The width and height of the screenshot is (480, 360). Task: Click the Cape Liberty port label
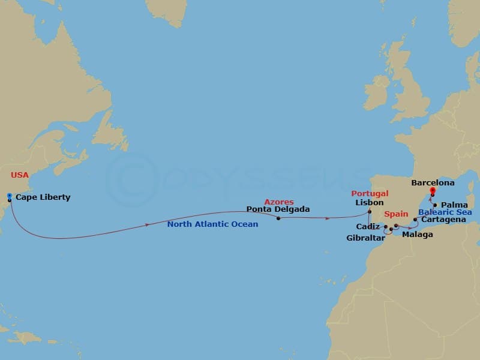pyautogui.click(x=43, y=197)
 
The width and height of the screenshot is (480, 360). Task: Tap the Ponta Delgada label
pyautogui.click(x=278, y=209)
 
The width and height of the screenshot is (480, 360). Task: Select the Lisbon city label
pyautogui.click(x=369, y=203)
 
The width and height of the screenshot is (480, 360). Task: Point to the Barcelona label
pyautogui.click(x=433, y=182)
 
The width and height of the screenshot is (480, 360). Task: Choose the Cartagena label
pyautogui.click(x=444, y=220)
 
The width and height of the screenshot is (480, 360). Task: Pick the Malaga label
pyautogui.click(x=417, y=235)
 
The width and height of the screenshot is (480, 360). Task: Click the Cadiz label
pyautogui.click(x=367, y=227)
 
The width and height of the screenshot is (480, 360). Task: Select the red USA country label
pyautogui.click(x=20, y=175)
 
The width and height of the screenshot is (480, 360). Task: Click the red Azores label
pyautogui.click(x=280, y=202)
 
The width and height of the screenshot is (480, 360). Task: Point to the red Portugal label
pyautogui.click(x=370, y=194)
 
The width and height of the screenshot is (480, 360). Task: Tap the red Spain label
pyautogui.click(x=396, y=214)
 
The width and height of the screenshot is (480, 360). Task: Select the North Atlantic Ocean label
pyautogui.click(x=212, y=224)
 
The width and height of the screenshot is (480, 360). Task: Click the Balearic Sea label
pyautogui.click(x=445, y=212)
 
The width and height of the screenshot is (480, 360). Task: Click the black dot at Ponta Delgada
pyautogui.click(x=278, y=218)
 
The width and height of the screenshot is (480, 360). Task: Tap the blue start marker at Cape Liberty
pyautogui.click(x=10, y=196)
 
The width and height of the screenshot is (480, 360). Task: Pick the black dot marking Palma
pyautogui.click(x=435, y=205)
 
